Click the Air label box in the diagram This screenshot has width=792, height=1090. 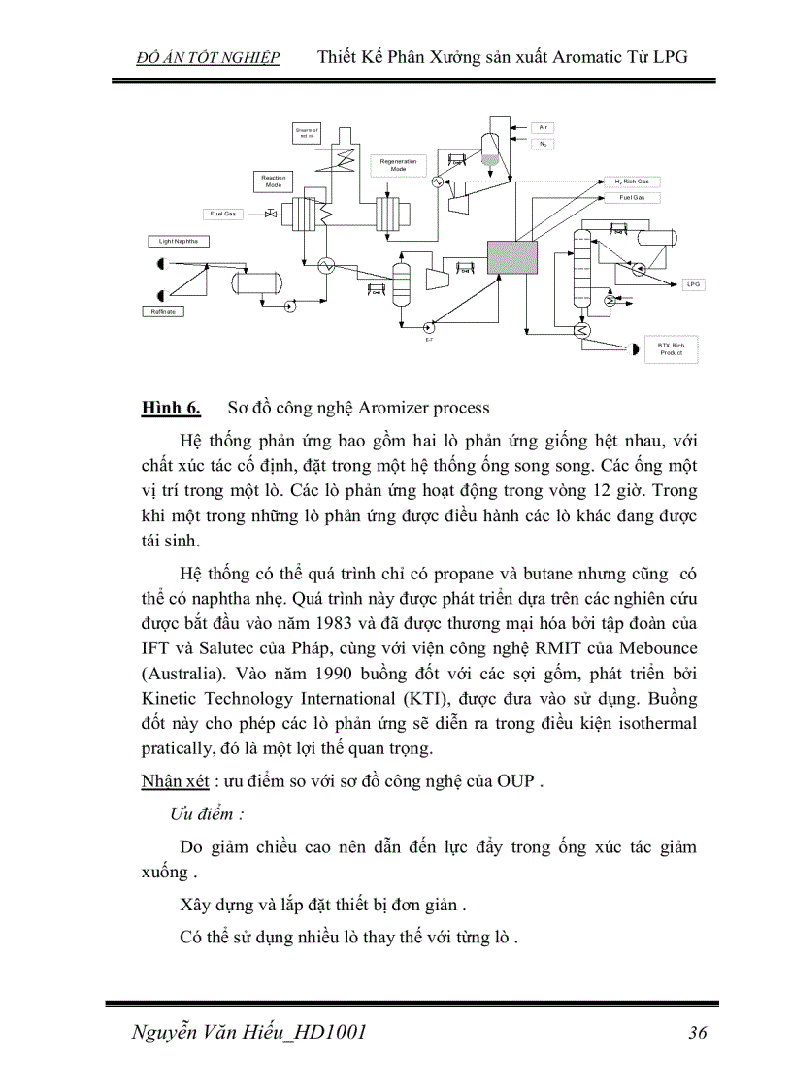(x=544, y=127)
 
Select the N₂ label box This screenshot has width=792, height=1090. (x=544, y=144)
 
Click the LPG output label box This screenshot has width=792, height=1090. (x=693, y=284)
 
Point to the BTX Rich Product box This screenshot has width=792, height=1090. (x=671, y=349)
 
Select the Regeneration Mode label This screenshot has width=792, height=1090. (x=398, y=165)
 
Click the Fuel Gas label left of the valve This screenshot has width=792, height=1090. (x=224, y=214)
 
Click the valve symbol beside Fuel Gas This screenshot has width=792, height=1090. (x=272, y=214)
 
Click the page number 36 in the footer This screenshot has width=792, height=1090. (x=697, y=1033)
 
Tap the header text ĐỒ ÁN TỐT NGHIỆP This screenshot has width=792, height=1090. (x=210, y=58)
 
